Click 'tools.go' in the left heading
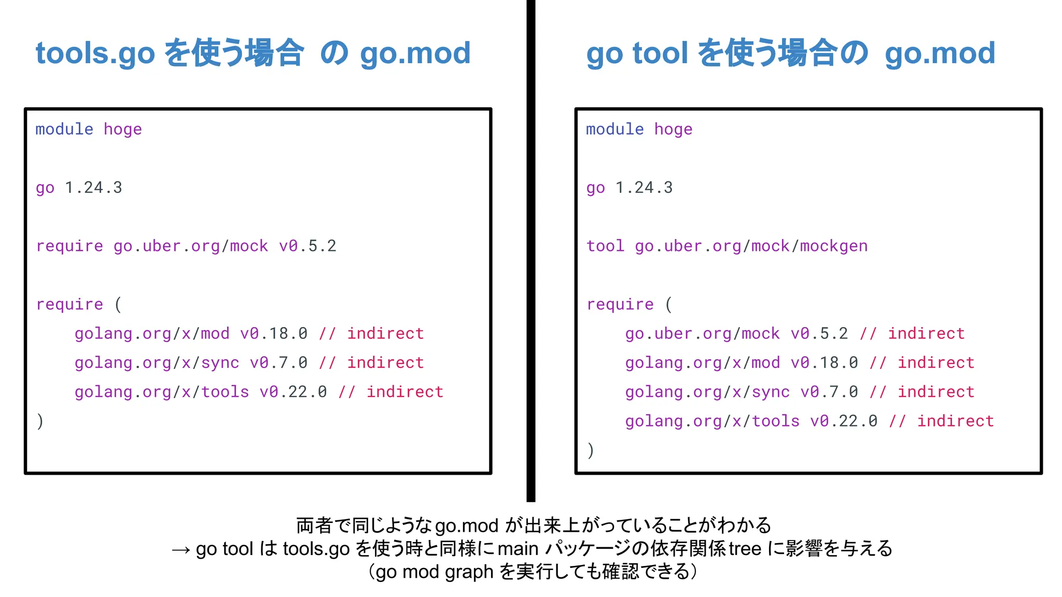pyautogui.click(x=95, y=53)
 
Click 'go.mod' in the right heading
pyautogui.click(x=940, y=53)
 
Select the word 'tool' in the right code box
pyautogui.click(x=605, y=246)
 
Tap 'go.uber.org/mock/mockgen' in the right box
pyautogui.click(x=751, y=246)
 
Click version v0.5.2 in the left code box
pyautogui.click(x=308, y=246)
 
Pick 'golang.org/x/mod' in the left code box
pyautogui.click(x=152, y=333)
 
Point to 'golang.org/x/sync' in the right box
pyautogui.click(x=707, y=392)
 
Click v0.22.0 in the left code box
pyautogui.click(x=293, y=392)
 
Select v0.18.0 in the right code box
pyautogui.click(x=824, y=362)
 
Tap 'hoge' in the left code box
pyautogui.click(x=122, y=129)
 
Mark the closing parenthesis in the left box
pyautogui.click(x=40, y=421)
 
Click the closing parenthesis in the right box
pyautogui.click(x=591, y=450)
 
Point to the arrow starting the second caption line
pyautogui.click(x=181, y=549)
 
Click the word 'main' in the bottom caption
pyautogui.click(x=518, y=548)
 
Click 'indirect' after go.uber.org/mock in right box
pyautogui.click(x=926, y=333)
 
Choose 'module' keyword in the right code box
pyautogui.click(x=614, y=129)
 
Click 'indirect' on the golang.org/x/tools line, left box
pyautogui.click(x=405, y=392)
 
